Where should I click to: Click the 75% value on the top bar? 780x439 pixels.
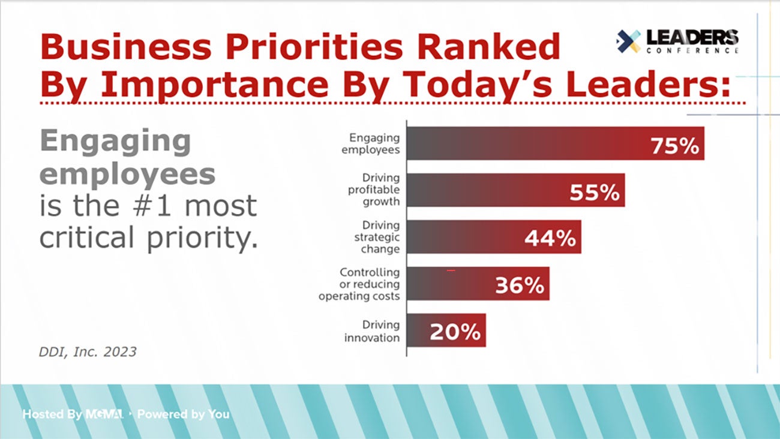(x=675, y=146)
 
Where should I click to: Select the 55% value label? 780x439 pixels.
(x=594, y=193)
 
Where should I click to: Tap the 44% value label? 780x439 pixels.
(x=550, y=239)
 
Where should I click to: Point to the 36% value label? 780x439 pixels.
(x=519, y=285)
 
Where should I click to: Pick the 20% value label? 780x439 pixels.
(x=455, y=332)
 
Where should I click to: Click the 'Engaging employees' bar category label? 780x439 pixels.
(x=371, y=144)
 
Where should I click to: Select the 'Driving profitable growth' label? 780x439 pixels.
(x=374, y=190)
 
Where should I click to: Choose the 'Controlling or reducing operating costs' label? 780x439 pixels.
(x=359, y=284)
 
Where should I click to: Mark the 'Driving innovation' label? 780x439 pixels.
(x=372, y=331)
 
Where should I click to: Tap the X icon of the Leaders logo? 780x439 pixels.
(x=628, y=41)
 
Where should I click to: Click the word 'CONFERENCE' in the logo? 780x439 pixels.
(x=693, y=51)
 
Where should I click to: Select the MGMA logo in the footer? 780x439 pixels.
(x=104, y=414)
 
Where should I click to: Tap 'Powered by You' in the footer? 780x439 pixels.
(x=184, y=414)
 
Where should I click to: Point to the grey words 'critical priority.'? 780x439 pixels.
(x=149, y=238)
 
